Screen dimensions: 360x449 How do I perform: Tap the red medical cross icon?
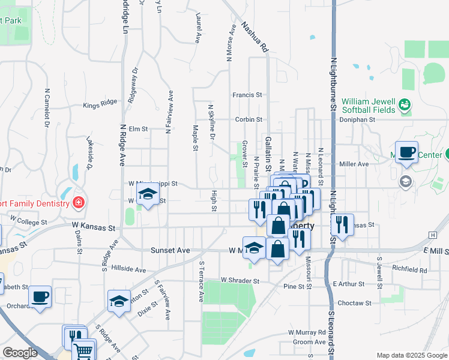tap(77, 202)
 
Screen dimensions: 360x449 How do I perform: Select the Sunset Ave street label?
tap(170, 250)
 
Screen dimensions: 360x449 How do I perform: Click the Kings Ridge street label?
tap(100, 104)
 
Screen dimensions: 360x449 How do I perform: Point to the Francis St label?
tap(248, 95)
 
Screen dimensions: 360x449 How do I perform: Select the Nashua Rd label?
tap(255, 37)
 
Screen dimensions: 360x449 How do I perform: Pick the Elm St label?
tap(138, 128)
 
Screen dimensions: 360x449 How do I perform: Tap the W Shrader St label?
tap(240, 280)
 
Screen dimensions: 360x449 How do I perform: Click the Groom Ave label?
tap(310, 342)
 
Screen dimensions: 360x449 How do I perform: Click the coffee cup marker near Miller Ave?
tap(406, 152)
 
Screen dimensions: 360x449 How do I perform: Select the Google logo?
tap(20, 353)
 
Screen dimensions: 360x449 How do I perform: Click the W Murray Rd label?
tap(306, 332)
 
